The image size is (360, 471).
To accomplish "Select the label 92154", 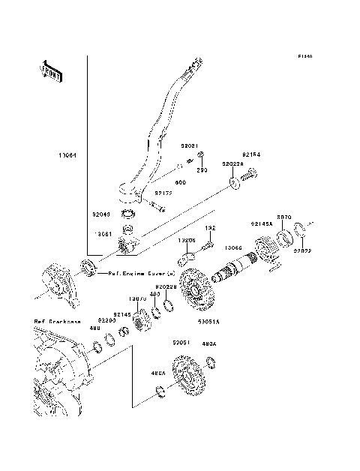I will pyautogui.click(x=251, y=154).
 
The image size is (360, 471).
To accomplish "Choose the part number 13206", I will pyautogui.click(x=187, y=241).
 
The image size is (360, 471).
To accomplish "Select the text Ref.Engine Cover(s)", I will pyautogui.click(x=142, y=274).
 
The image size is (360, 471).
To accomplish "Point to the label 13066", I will pyautogui.click(x=234, y=247).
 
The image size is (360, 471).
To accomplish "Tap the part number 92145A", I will pyautogui.click(x=262, y=223).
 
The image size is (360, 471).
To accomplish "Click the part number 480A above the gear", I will pyautogui.click(x=211, y=344).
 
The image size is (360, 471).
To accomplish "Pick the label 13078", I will pyautogui.click(x=136, y=298).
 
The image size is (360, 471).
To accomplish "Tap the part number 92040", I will pyautogui.click(x=101, y=214).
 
